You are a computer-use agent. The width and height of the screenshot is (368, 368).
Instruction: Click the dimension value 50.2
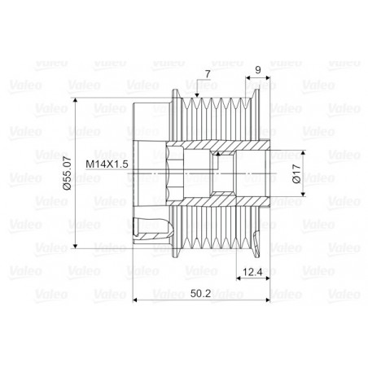click(200, 293)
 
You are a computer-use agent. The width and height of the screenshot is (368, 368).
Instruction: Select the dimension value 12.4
click(252, 272)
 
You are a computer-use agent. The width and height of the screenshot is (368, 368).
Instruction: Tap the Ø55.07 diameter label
click(67, 173)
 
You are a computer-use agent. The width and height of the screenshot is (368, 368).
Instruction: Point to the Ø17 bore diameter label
click(296, 173)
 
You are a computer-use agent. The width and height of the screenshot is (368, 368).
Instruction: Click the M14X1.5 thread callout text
click(107, 164)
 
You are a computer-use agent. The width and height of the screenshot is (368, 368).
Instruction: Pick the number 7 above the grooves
click(208, 74)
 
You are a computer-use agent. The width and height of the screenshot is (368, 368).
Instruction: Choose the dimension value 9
click(258, 70)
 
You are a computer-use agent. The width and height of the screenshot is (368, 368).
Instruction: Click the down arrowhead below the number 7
click(197, 95)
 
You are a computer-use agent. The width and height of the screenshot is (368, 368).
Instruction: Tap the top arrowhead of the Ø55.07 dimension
click(76, 100)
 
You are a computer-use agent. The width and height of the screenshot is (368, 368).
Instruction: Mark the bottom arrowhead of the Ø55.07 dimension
click(76, 246)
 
